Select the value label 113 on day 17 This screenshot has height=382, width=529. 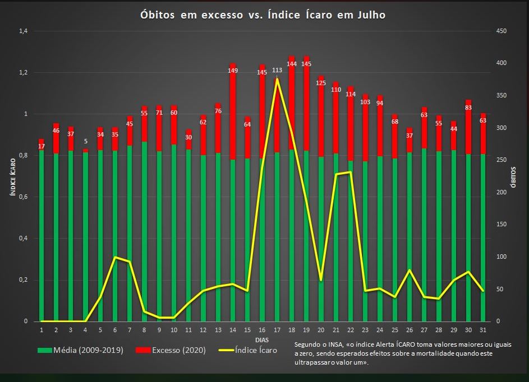[277, 71]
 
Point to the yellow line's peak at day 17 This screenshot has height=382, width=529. [277, 79]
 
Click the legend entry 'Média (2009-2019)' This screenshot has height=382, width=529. [80, 351]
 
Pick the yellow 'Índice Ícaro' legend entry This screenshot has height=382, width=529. [247, 351]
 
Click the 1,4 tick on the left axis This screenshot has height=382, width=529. [23, 31]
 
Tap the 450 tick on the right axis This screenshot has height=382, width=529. [502, 31]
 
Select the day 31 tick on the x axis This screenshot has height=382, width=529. [483, 330]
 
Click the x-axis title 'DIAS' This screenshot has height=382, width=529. [261, 339]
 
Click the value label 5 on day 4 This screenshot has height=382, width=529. [85, 142]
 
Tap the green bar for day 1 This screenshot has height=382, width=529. [42, 235]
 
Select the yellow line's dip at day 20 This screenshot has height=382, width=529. [321, 279]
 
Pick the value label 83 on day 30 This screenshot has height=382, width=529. [468, 108]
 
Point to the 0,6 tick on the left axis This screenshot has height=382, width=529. [23, 197]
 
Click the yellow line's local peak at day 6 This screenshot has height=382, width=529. [115, 257]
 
